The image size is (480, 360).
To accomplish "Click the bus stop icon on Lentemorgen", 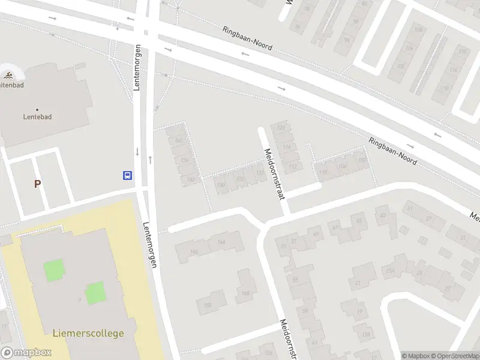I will [128, 175].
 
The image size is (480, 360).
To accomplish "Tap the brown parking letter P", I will [37, 184].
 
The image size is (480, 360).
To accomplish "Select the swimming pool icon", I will [9, 76].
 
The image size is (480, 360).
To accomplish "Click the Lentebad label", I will [37, 116].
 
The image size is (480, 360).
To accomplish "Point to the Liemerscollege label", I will [89, 333].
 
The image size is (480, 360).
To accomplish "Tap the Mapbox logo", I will [26, 353].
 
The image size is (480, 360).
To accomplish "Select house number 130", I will [220, 185].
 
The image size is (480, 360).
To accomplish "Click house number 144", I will [221, 242].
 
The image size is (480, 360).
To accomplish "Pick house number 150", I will [208, 305].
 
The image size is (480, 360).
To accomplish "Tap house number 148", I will [245, 293].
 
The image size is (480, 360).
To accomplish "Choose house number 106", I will [342, 166].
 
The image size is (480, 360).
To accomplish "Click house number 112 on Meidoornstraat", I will [293, 166].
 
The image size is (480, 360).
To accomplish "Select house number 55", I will [295, 280].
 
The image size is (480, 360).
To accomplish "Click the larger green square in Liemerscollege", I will [53, 269].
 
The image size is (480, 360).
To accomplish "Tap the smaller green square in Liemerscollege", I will [94, 293].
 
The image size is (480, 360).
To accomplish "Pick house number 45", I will [359, 221].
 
